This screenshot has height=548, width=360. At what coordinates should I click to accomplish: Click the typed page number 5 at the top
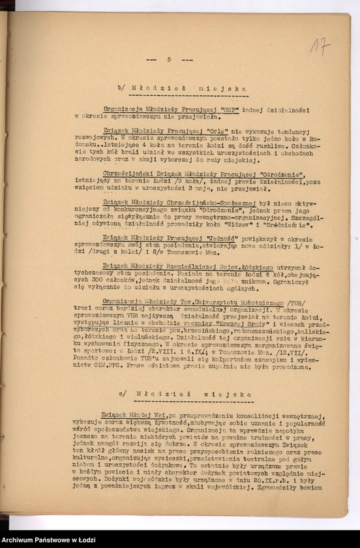(169, 59)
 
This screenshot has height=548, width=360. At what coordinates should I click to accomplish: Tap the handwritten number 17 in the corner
(320, 46)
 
